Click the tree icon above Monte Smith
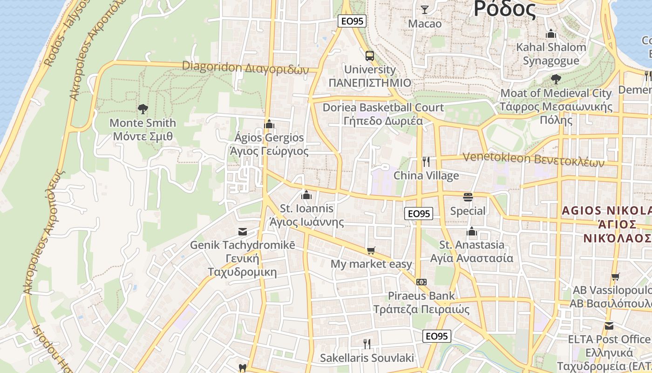click(x=143, y=109)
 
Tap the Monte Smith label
click(x=143, y=130)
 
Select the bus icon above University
click(x=370, y=56)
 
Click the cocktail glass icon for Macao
click(x=424, y=9)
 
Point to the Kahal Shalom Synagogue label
click(x=551, y=54)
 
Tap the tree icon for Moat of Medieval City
click(x=556, y=79)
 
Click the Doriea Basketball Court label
click(x=383, y=114)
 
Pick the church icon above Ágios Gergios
click(x=269, y=124)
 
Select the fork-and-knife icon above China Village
click(x=426, y=162)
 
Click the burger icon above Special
click(x=468, y=197)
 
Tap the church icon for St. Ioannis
click(x=306, y=195)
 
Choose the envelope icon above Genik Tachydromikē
click(x=243, y=231)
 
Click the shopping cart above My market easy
click(x=371, y=251)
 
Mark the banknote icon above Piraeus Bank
click(x=421, y=282)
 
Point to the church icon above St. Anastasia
click(x=472, y=231)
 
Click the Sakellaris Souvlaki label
click(x=367, y=358)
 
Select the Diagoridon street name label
click(x=245, y=68)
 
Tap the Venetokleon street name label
click(x=533, y=159)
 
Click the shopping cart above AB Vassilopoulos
click(x=616, y=276)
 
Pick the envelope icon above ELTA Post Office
click(x=609, y=325)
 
